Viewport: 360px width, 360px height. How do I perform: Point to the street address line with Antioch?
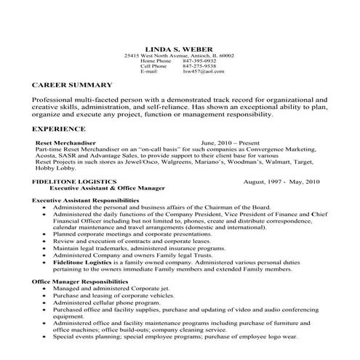[179, 55]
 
